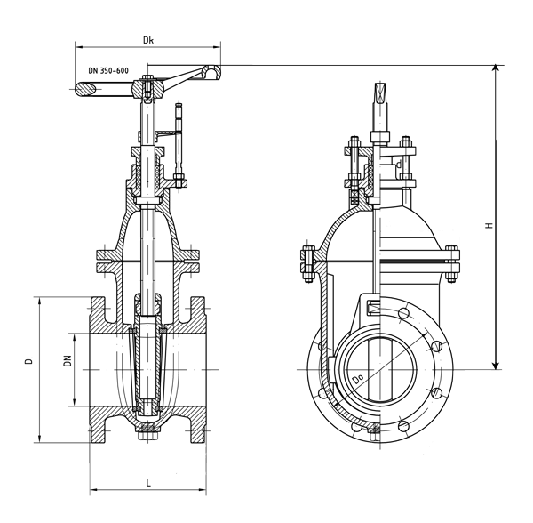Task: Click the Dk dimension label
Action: click(148, 40)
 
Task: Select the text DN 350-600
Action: click(108, 71)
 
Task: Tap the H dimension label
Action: click(489, 225)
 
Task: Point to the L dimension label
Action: click(148, 483)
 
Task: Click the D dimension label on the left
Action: click(29, 361)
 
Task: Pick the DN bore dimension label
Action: click(68, 361)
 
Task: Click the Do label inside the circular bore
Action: click(358, 379)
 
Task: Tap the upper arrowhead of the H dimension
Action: click(497, 68)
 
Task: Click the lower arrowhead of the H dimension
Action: click(497, 365)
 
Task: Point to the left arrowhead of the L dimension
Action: click(94, 490)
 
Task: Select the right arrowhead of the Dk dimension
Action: click(217, 47)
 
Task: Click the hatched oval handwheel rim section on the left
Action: click(85, 89)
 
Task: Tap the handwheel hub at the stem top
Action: click(148, 88)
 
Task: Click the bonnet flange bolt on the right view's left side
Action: click(308, 263)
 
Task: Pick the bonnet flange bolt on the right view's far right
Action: click(452, 263)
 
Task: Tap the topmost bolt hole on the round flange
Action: click(403, 312)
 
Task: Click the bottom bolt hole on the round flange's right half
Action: click(403, 426)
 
